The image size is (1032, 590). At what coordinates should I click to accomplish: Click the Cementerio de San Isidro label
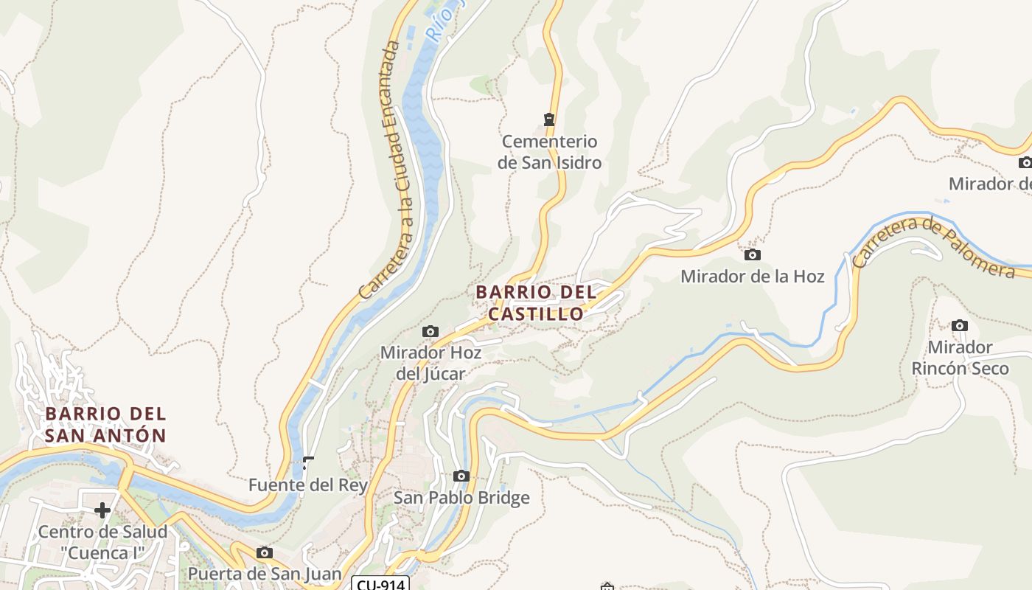click(549, 152)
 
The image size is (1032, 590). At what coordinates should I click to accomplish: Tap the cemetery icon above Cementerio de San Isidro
click(548, 119)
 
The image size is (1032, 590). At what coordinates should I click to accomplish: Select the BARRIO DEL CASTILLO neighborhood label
click(536, 303)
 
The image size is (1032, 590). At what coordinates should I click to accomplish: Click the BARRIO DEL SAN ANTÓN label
click(105, 424)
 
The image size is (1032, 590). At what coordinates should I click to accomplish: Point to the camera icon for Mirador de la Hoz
click(752, 255)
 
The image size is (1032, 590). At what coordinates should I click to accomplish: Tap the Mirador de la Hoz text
click(752, 277)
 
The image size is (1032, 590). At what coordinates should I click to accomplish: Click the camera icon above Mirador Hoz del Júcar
click(430, 332)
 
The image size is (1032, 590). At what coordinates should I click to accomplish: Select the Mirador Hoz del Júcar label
click(430, 363)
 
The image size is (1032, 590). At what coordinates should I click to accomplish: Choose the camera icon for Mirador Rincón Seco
click(959, 325)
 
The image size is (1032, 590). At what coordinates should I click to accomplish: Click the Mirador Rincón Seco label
click(960, 358)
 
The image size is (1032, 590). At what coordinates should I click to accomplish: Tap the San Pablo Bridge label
click(461, 498)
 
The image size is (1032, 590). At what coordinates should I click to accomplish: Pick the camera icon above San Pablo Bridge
click(461, 476)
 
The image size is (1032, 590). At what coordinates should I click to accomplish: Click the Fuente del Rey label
click(307, 485)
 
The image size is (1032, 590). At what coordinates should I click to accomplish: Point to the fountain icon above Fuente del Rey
click(308, 463)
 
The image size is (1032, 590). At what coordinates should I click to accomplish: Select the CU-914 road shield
click(380, 584)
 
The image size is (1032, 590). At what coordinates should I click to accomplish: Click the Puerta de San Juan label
click(265, 574)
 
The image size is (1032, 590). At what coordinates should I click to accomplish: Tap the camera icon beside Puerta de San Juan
click(264, 553)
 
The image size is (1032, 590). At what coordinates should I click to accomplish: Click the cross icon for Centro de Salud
click(102, 510)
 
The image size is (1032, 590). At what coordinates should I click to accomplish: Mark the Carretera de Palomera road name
click(932, 247)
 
